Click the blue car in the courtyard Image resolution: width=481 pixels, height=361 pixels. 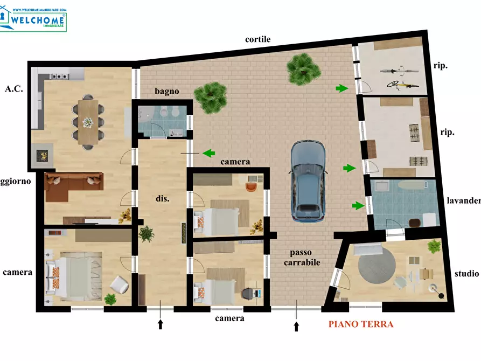coord(309,181)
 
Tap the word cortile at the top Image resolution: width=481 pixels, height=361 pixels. coord(257,39)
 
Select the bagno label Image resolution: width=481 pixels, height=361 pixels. coord(167,92)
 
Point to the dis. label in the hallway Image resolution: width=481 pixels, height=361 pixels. coord(163,199)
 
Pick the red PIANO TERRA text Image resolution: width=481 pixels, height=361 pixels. coord(361,324)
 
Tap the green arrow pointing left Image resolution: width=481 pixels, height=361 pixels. coord(208,153)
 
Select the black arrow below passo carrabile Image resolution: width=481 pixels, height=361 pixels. coord(296,325)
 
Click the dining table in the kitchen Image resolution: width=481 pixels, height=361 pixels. coord(87,120)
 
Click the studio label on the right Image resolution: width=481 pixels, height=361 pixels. coord(466,274)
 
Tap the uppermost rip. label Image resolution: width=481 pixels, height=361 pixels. coord(441,66)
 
